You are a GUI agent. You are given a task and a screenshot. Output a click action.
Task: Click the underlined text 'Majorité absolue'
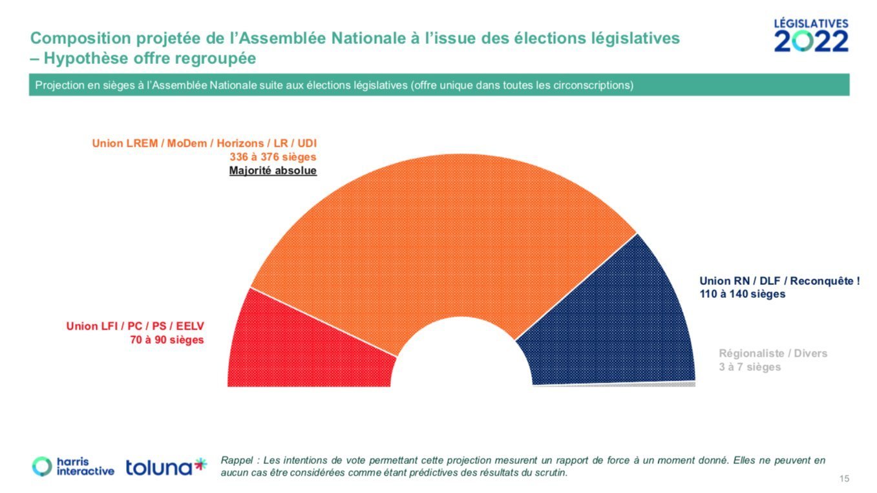tap(273, 171)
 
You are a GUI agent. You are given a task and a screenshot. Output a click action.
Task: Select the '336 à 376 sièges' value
tap(273, 157)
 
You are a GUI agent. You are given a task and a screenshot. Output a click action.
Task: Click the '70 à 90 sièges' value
tap(167, 340)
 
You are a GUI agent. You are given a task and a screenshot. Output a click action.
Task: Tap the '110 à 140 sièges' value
tap(742, 294)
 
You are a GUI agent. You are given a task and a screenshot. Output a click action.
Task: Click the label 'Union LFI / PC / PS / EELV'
tap(135, 326)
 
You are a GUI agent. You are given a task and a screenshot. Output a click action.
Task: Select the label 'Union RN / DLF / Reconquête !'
tap(779, 280)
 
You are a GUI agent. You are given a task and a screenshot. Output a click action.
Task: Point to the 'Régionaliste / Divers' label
tap(773, 353)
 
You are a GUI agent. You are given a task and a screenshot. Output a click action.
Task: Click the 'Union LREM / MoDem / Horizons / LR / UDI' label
tap(204, 143)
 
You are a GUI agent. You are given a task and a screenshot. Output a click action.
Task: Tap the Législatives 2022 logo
tap(811, 36)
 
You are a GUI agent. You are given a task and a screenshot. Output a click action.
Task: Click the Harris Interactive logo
tap(73, 467)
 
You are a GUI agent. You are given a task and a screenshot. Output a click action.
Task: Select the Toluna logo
tap(166, 467)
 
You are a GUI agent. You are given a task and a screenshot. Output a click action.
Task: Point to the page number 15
tap(844, 479)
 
